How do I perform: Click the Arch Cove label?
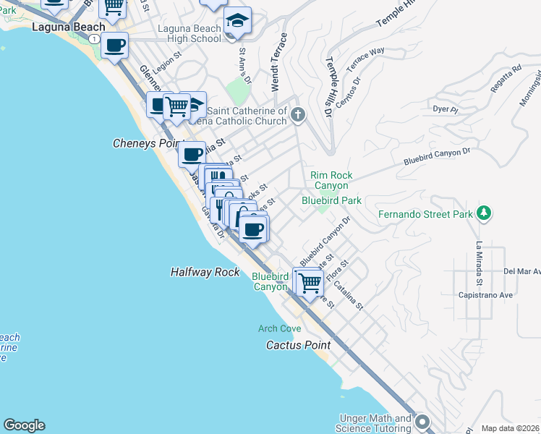[x=279, y=328]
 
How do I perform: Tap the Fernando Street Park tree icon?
[x=484, y=213]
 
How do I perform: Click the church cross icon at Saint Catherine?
[x=298, y=114]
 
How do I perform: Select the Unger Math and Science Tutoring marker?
[x=423, y=421]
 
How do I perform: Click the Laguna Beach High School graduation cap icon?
[x=237, y=22]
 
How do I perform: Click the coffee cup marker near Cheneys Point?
[x=192, y=154]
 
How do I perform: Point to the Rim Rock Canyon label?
[x=331, y=180]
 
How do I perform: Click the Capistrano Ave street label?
[x=485, y=295]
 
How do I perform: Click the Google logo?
[x=24, y=425]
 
